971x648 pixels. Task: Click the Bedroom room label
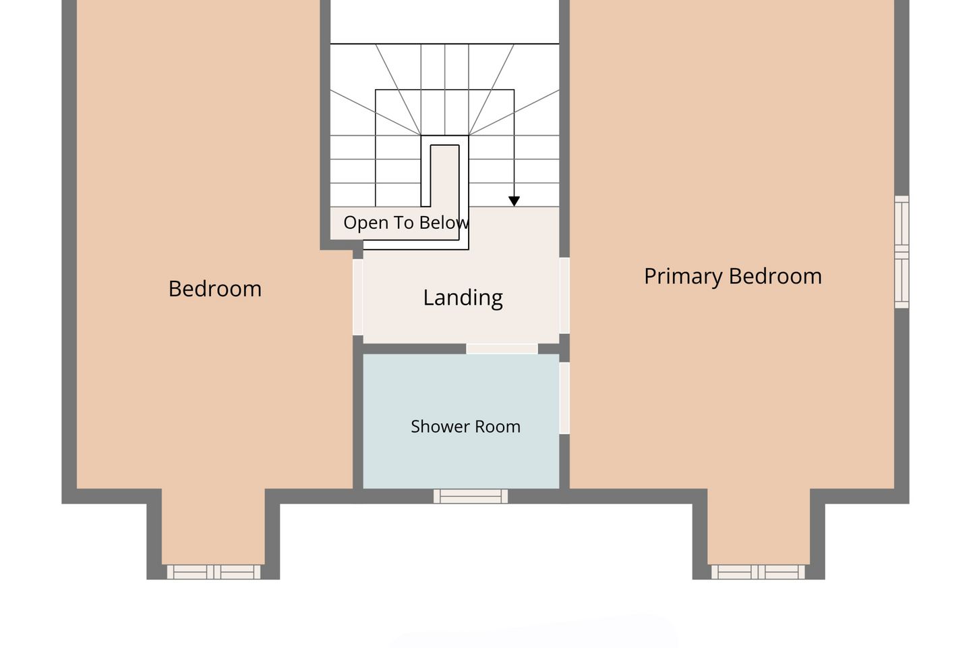point(215,289)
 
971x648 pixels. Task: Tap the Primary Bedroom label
point(733,277)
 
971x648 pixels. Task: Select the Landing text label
point(463,298)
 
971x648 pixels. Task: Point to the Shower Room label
point(465,427)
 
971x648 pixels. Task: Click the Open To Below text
point(406,223)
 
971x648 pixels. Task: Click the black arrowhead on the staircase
point(514,201)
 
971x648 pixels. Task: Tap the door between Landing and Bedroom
point(357,297)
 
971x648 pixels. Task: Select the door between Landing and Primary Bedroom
point(564,296)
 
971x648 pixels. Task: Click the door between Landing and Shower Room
point(502,348)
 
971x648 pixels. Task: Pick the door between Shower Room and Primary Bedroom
point(564,398)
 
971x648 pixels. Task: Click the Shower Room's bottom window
point(471,496)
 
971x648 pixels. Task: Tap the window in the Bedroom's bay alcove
point(214,572)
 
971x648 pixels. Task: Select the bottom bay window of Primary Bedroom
point(758,572)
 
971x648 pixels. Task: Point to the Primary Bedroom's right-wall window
point(902,252)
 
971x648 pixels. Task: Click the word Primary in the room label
point(682,277)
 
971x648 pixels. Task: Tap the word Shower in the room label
point(440,427)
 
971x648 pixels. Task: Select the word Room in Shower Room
point(498,427)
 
